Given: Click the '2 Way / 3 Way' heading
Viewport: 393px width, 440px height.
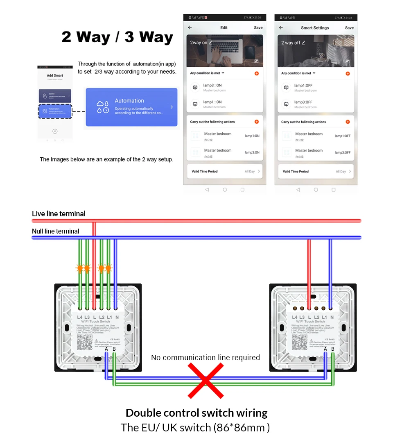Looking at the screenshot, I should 117,37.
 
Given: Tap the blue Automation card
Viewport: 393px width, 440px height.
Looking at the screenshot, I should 131,107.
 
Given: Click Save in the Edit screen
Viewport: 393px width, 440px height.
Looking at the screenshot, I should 258,28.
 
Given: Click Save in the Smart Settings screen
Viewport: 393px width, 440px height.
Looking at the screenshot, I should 349,28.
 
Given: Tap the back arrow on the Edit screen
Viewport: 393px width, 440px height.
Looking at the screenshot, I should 190,28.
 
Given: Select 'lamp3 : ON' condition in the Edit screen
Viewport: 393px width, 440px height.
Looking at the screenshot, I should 212,86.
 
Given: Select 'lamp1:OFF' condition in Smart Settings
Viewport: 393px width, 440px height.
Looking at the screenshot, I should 303,86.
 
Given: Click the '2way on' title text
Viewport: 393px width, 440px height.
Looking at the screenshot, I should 199,43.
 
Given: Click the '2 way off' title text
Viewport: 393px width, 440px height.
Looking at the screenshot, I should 291,43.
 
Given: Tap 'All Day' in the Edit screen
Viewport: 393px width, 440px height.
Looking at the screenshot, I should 250,172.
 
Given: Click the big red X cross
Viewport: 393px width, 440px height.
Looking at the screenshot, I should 206,381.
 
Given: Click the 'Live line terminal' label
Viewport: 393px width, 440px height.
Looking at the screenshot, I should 59,214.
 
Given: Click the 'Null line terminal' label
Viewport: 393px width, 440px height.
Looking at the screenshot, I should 56,231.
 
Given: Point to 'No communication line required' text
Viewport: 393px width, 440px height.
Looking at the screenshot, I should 206,358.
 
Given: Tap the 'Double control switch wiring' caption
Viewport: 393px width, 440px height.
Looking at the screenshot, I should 196,413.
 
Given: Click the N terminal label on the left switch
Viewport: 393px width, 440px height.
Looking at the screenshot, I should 117,318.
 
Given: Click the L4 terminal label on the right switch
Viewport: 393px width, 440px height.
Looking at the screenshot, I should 295,318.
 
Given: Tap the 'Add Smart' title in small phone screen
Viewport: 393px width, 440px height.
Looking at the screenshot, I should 55,75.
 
